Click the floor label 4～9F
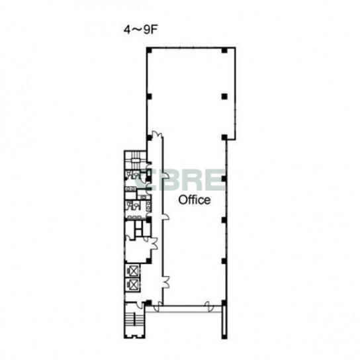coord(141,30)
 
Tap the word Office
coord(195,200)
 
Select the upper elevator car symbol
coord(133,271)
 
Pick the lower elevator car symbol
coord(133,285)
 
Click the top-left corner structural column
coord(150,50)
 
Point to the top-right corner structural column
coord(224,50)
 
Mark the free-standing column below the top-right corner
coord(224,97)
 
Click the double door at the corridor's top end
coord(157,134)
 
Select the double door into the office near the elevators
coord(165,282)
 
